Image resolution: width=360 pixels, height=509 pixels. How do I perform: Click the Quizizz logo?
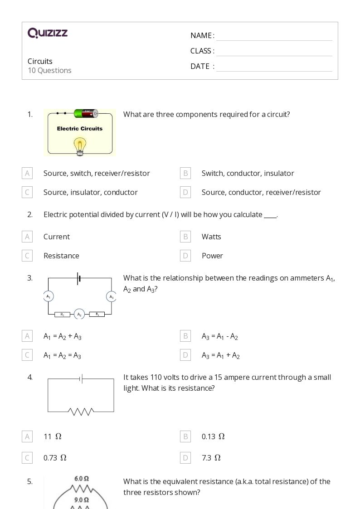click(x=48, y=33)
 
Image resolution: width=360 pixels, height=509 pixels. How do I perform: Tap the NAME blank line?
click(x=274, y=36)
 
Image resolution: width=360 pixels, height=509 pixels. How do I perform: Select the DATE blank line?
click(x=274, y=67)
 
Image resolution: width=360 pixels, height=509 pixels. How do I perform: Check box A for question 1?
click(x=27, y=173)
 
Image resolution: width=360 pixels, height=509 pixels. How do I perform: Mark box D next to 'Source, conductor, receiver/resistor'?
click(x=185, y=192)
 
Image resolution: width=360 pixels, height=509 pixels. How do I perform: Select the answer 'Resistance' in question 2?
click(x=61, y=256)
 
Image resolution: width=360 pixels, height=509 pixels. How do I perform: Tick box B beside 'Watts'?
click(x=185, y=237)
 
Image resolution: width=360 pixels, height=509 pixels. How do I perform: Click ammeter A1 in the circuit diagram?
click(x=49, y=297)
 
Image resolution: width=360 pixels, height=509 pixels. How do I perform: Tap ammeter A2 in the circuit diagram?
click(x=79, y=314)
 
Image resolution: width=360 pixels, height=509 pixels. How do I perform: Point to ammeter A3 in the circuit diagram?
click(x=111, y=297)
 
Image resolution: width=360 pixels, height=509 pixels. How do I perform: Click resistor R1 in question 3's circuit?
click(x=63, y=314)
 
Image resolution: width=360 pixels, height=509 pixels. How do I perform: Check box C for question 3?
click(x=27, y=355)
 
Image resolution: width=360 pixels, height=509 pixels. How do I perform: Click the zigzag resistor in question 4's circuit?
click(x=81, y=412)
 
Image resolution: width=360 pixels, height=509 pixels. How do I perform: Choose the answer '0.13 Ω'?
click(x=213, y=436)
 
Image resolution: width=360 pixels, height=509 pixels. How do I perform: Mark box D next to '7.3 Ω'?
click(x=185, y=458)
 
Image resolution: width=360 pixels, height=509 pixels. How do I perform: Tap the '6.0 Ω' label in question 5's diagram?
click(x=81, y=479)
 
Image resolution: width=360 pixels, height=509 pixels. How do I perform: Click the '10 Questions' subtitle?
click(x=49, y=70)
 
